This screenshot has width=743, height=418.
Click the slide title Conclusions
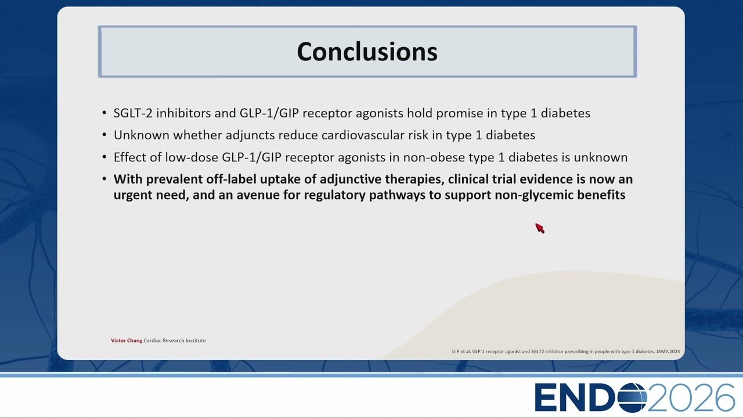367,52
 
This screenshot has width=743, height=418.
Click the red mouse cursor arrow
540,228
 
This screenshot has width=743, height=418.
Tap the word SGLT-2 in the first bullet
133,113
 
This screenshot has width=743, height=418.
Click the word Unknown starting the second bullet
141,135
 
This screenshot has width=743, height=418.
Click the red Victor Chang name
127,340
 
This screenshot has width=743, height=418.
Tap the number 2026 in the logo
691,398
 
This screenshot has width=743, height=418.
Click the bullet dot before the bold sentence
104,179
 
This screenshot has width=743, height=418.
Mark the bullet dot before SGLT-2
104,113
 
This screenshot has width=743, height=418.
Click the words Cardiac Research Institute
175,340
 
